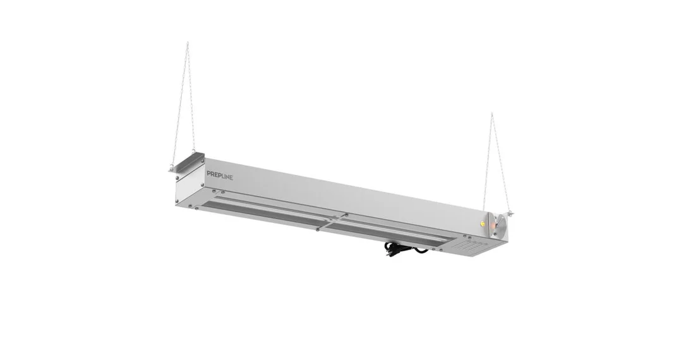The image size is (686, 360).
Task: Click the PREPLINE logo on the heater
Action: click(220, 176)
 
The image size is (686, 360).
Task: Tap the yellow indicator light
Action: click(482, 223)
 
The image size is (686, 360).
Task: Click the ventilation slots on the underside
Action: click(471, 248)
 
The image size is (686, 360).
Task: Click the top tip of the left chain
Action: click(188, 42)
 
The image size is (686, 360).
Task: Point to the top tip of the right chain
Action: click(491, 113)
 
